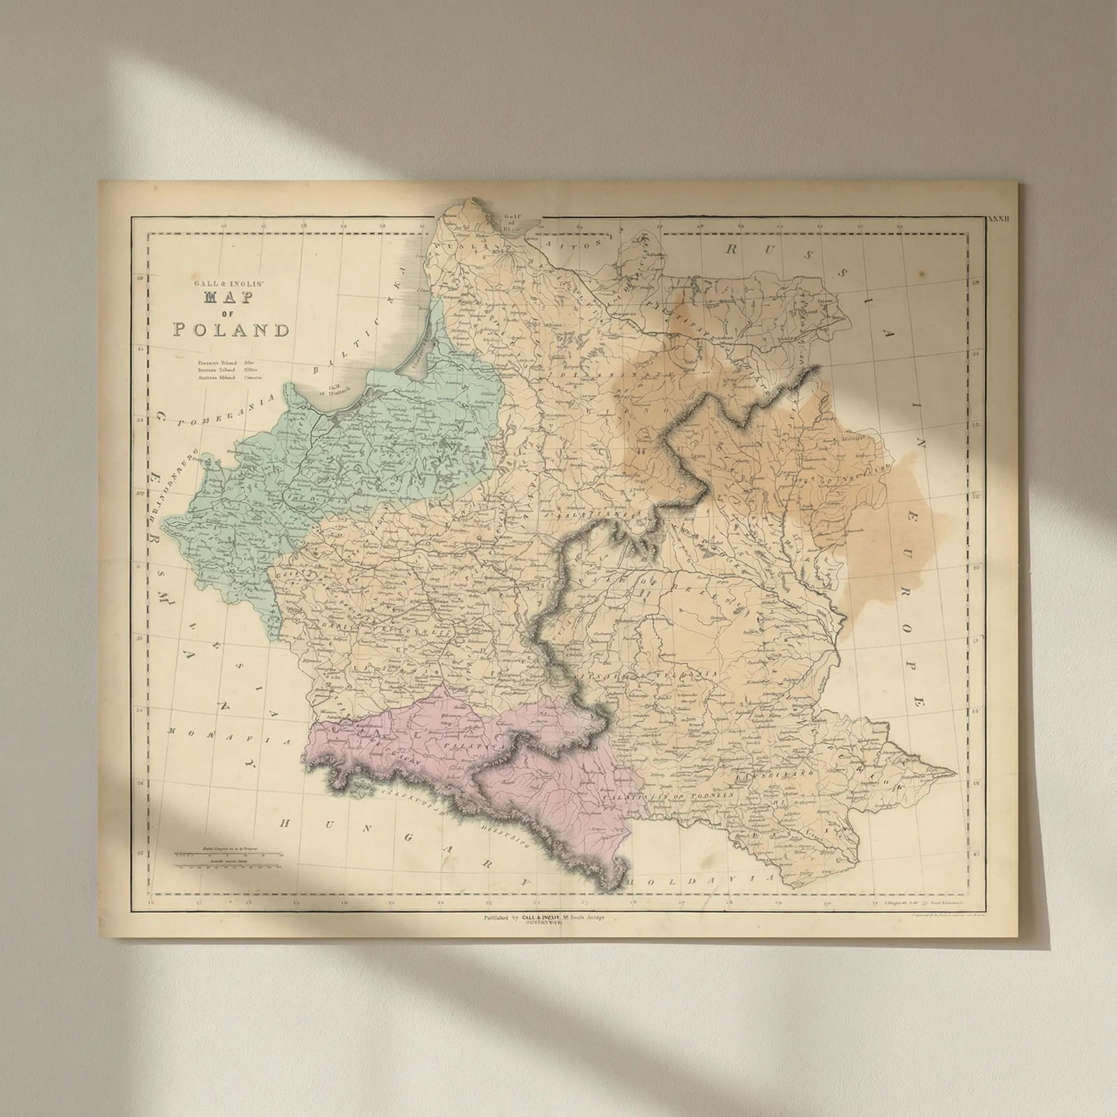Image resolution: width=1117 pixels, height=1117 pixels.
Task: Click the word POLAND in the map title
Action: click(231, 330)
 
